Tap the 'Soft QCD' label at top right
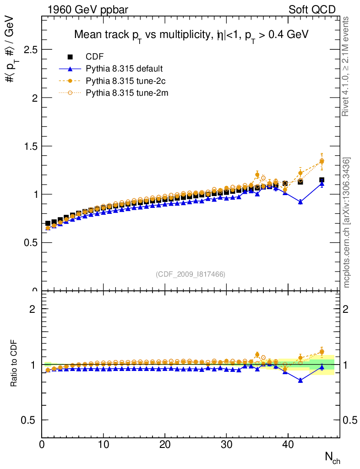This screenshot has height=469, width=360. click(x=312, y=9)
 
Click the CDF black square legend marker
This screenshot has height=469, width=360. click(x=71, y=57)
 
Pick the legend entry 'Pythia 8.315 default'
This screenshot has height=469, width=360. click(x=124, y=69)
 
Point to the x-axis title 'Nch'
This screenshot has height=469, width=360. click(x=332, y=457)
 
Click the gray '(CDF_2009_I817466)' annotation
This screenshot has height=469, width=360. click(x=191, y=274)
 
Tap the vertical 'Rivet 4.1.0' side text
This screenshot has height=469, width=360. click(x=346, y=66)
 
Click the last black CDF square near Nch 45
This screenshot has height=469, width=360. click(x=322, y=180)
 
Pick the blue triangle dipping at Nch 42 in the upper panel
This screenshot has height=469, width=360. click(x=300, y=202)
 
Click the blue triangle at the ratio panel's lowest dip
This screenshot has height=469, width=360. click(x=300, y=380)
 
